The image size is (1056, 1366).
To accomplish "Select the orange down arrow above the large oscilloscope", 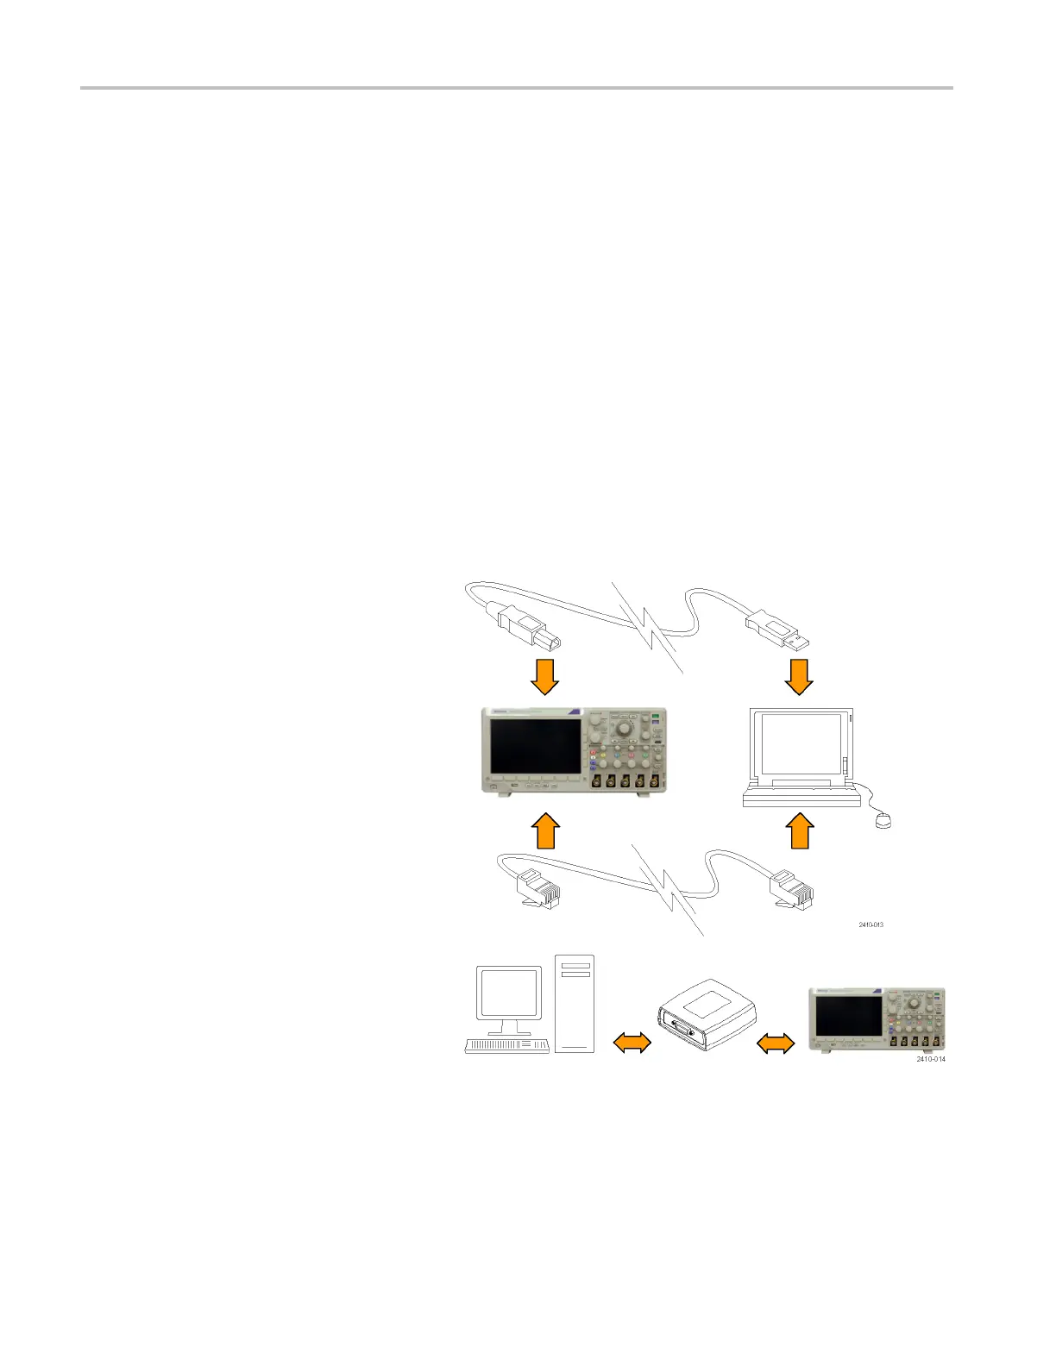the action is tap(544, 676).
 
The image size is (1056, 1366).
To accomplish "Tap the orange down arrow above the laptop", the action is tap(800, 676).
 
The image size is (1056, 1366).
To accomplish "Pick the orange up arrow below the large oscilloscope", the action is tap(544, 830).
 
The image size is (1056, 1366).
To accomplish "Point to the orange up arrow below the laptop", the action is tap(800, 830).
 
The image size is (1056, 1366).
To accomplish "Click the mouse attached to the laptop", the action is tap(882, 820).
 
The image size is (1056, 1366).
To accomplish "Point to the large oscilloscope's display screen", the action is tap(536, 745).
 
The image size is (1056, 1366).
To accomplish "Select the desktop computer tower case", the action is tap(575, 1002).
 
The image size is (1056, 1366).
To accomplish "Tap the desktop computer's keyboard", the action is tap(507, 1045).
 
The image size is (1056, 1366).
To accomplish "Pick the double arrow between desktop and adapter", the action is tap(631, 1043).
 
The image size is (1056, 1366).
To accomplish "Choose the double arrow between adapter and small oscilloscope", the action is tap(775, 1043).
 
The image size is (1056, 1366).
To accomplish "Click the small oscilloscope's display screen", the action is tap(847, 1016).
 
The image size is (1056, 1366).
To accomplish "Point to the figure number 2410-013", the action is tap(870, 924).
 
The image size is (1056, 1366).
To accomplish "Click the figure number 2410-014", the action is tap(930, 1059).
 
